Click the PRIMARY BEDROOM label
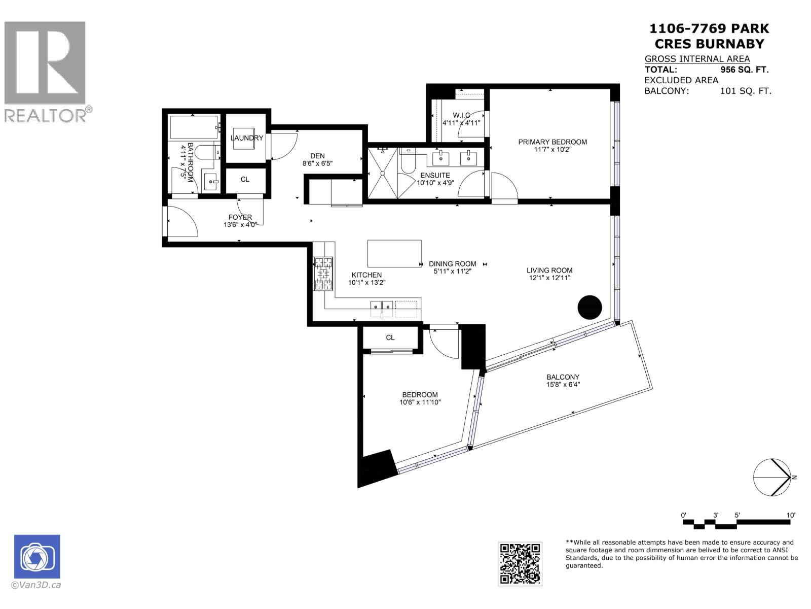tap(552, 142)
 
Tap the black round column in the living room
tap(590, 307)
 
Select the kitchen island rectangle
tap(394, 253)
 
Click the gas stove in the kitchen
tap(324, 274)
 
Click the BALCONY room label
tap(563, 377)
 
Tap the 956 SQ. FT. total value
tap(744, 70)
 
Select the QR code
tap(520, 564)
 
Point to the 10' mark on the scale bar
tap(791, 515)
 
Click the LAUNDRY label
tap(247, 138)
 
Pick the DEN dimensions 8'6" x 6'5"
tap(317, 163)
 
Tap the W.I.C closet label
tap(461, 115)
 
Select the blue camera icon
tap(37, 557)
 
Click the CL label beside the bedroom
tap(390, 337)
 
